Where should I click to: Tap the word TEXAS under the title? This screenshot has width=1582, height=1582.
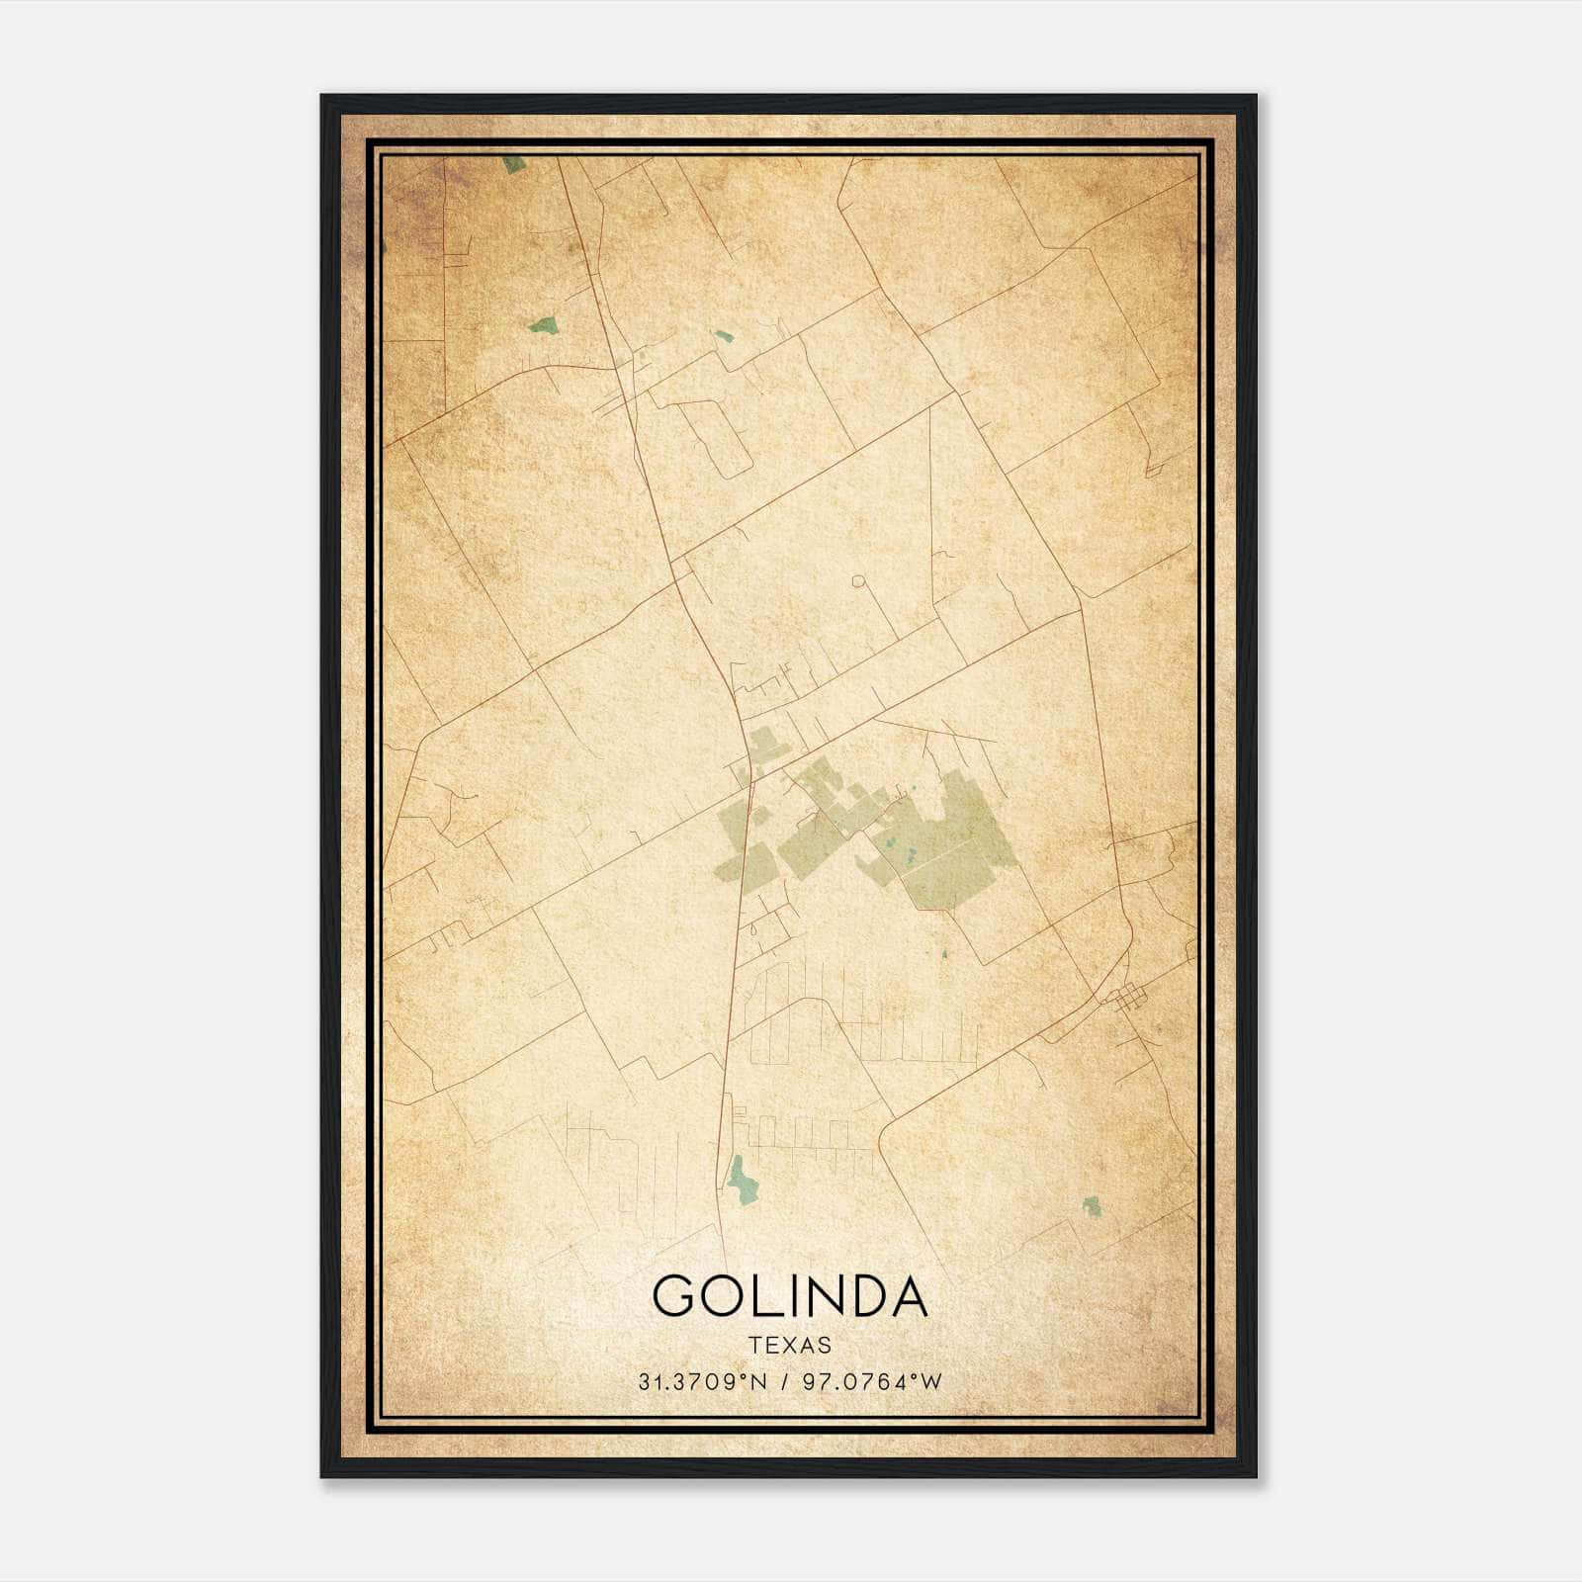[790, 1345]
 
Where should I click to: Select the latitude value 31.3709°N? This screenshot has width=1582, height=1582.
[702, 1381]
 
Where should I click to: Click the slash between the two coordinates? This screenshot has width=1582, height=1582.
[784, 1381]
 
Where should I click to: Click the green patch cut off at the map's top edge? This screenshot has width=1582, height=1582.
[513, 164]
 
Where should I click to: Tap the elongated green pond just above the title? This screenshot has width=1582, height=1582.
[739, 1179]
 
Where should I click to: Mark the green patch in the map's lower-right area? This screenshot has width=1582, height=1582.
[1091, 1205]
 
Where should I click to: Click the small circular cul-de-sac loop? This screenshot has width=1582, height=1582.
[858, 581]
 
